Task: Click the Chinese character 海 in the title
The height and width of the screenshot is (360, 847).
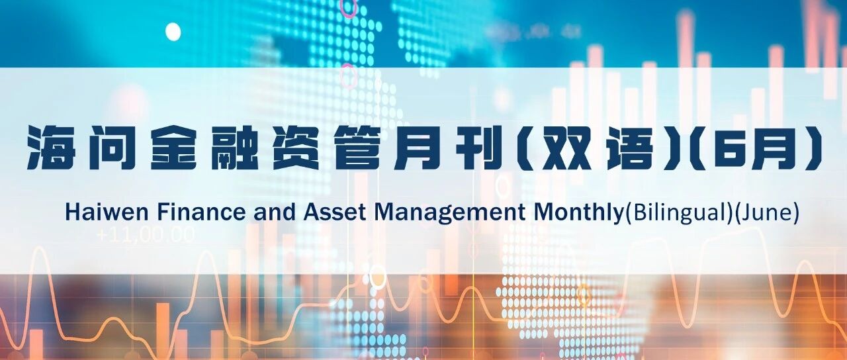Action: pos(52,148)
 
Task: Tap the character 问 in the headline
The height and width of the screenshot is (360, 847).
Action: pos(112,148)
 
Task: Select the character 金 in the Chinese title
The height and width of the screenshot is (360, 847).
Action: pos(173,148)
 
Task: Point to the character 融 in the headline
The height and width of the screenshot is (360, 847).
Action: pos(234,148)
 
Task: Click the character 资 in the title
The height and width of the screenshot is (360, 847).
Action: pos(296,148)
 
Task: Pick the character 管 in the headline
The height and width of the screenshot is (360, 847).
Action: pos(357,148)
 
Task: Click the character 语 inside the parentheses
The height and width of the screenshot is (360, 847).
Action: pos(631,148)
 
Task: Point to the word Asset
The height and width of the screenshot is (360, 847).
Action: pos(335,212)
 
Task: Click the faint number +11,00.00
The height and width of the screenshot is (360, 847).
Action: pos(146,234)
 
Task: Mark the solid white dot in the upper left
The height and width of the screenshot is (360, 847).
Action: pos(173,31)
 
